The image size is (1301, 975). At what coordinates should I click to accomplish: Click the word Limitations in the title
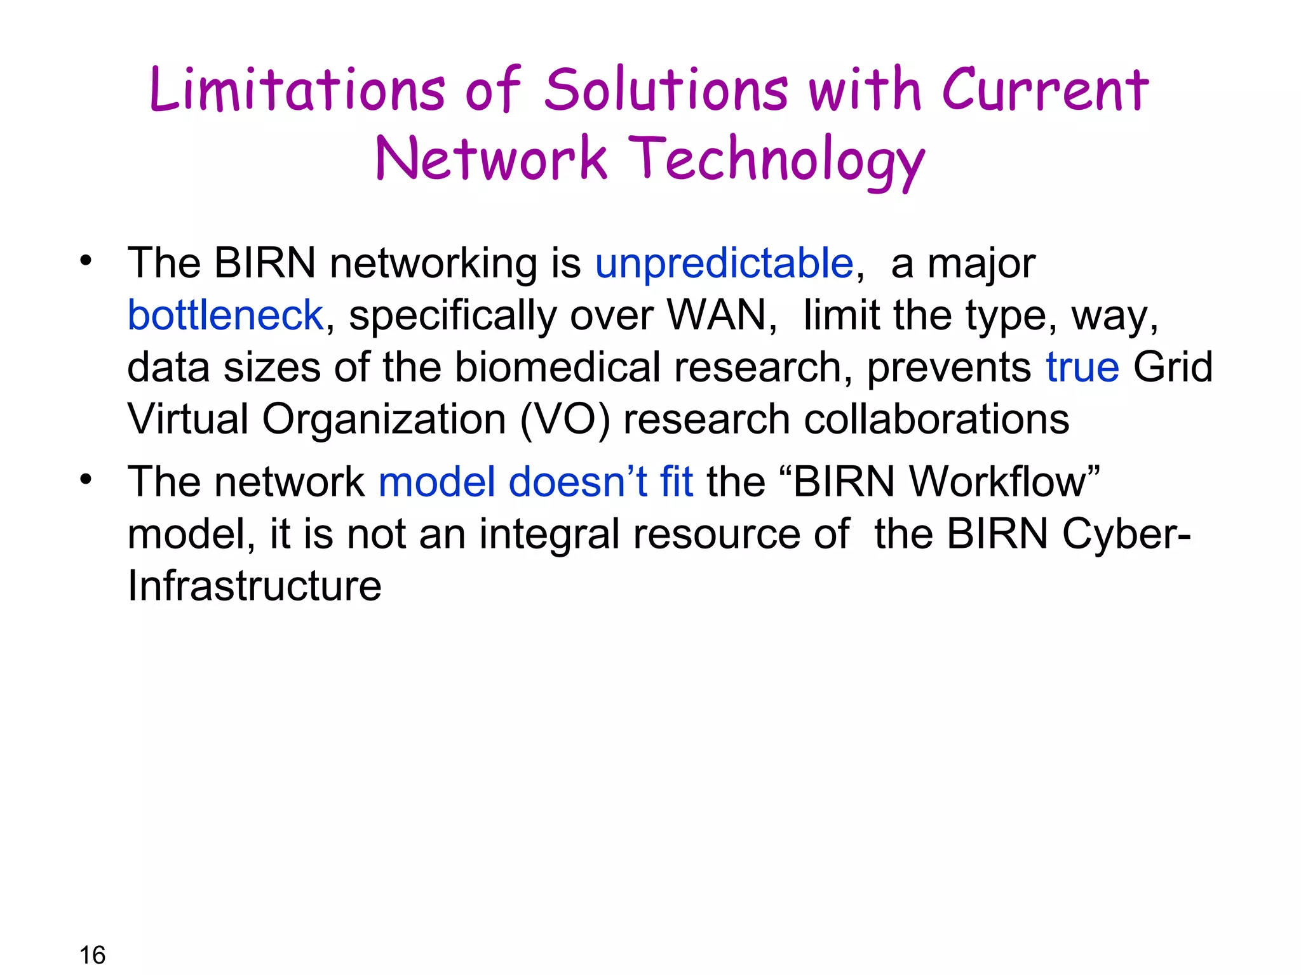[x=297, y=90]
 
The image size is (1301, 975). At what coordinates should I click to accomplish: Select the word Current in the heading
[x=1045, y=90]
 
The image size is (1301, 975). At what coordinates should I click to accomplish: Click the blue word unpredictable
[x=724, y=263]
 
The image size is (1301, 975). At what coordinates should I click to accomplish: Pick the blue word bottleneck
[x=226, y=315]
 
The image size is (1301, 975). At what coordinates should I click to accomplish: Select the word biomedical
[x=557, y=368]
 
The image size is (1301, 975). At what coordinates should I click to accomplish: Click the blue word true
[x=1082, y=368]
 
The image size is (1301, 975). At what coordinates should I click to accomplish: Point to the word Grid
[x=1173, y=368]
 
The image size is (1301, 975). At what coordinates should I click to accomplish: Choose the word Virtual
[x=187, y=420]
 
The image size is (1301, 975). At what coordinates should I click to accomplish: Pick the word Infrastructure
[x=254, y=586]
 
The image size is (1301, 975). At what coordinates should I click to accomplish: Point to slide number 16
[x=92, y=955]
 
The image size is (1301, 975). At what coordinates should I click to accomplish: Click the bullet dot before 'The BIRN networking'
[x=86, y=260]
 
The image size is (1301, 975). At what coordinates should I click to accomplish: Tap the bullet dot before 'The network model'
[x=86, y=479]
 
